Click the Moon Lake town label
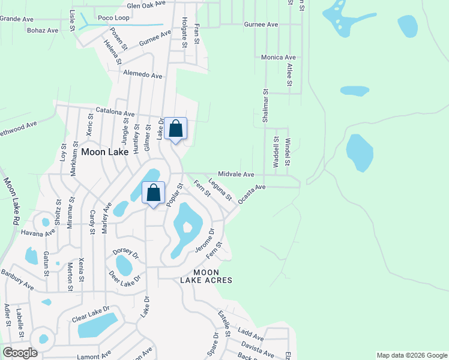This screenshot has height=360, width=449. pyautogui.click(x=104, y=152)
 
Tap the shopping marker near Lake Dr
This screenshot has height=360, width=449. pyautogui.click(x=176, y=128)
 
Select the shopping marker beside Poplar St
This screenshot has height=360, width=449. pyautogui.click(x=154, y=193)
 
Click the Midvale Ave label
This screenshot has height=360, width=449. pyautogui.click(x=236, y=174)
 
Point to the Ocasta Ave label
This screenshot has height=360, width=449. pyautogui.click(x=252, y=195)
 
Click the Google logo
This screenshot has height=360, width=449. pyautogui.click(x=19, y=352)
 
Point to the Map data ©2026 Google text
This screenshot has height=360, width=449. pyautogui.click(x=411, y=355)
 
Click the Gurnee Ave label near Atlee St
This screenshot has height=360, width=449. pyautogui.click(x=261, y=25)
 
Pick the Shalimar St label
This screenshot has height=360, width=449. pyautogui.click(x=265, y=107)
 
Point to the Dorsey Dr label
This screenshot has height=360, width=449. pyautogui.click(x=125, y=253)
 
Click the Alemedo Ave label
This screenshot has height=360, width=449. pyautogui.click(x=142, y=76)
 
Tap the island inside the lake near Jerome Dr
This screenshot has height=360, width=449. pyautogui.click(x=188, y=227)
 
